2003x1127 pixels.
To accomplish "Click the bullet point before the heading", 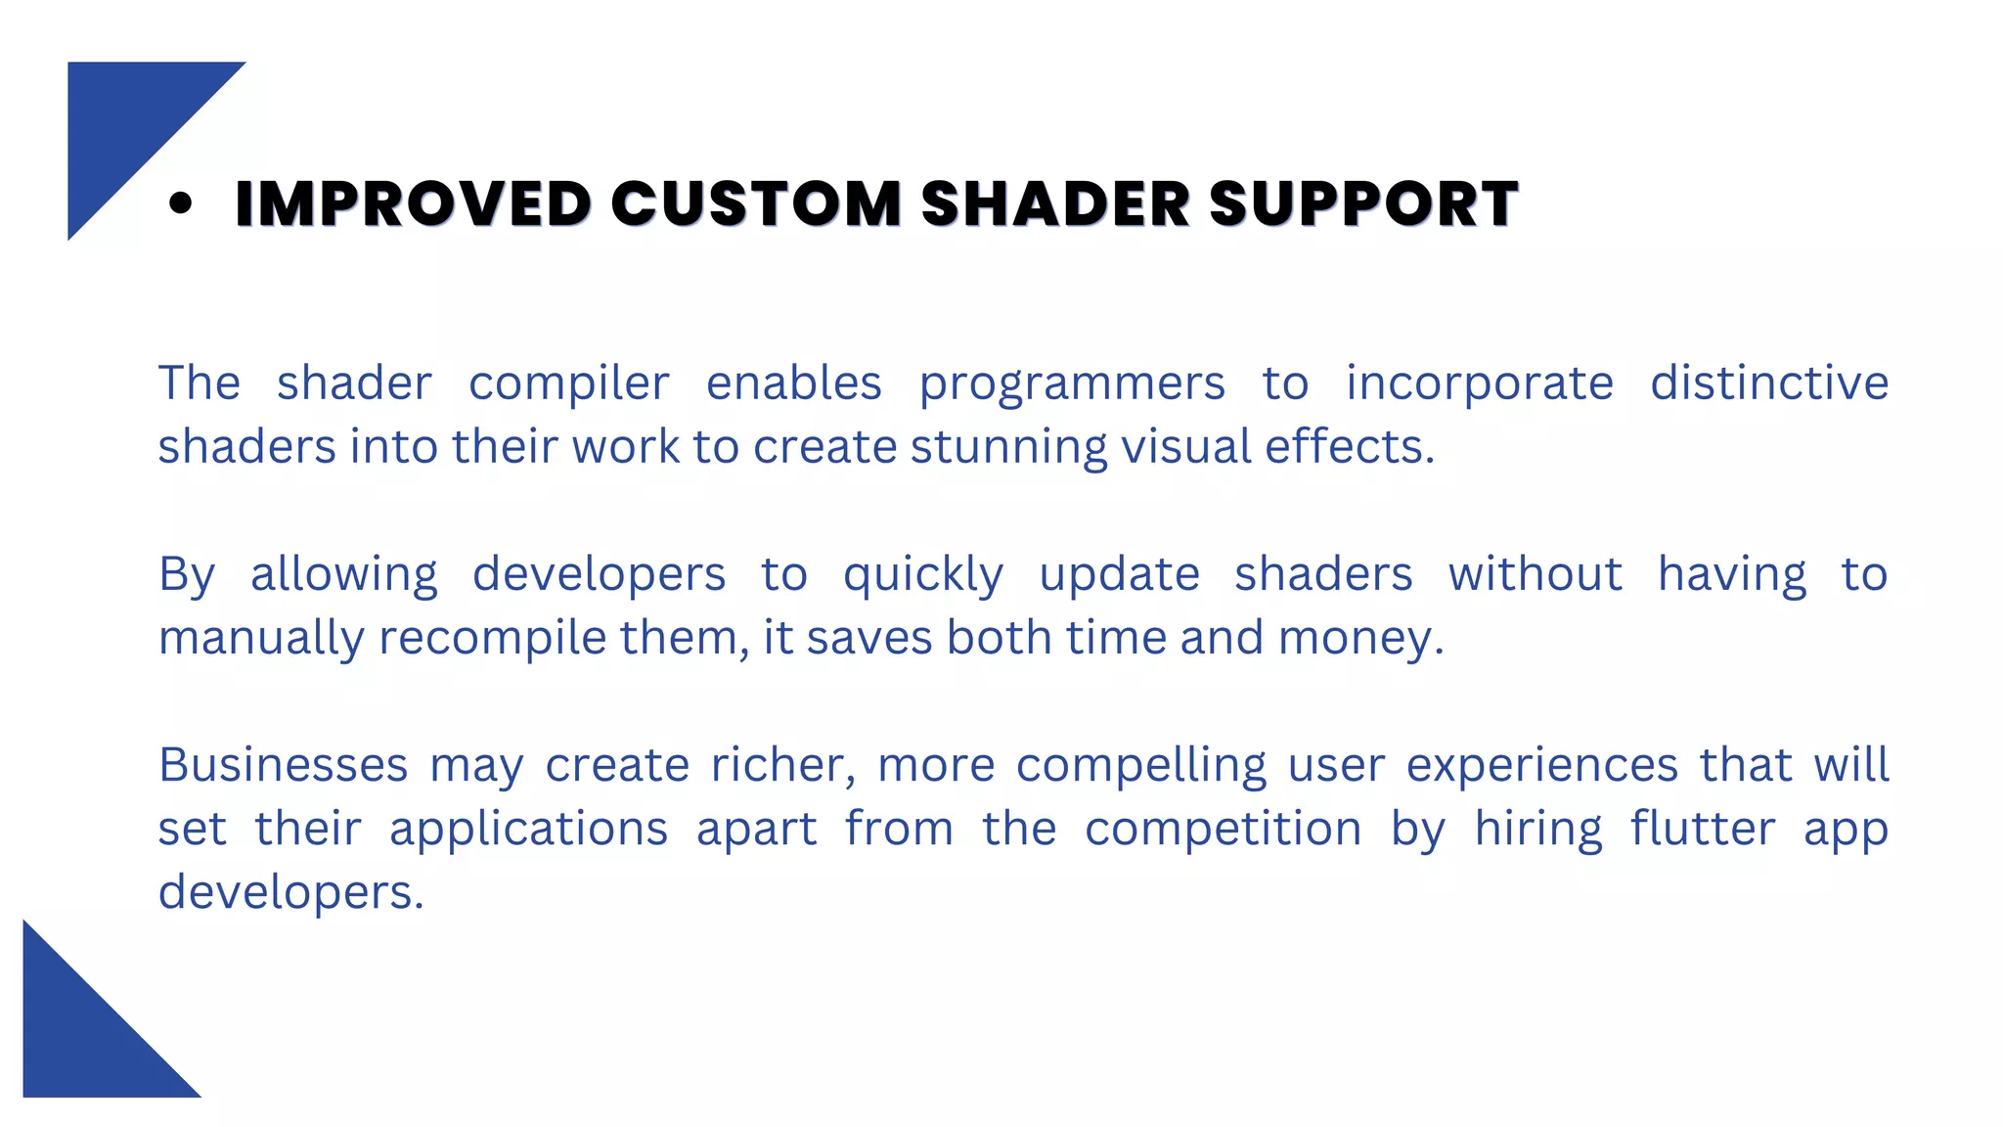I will click(x=180, y=203).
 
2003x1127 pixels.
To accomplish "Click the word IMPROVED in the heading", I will click(x=413, y=203).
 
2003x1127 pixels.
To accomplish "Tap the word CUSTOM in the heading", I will click(x=756, y=203).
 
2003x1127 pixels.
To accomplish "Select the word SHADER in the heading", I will click(x=1055, y=203).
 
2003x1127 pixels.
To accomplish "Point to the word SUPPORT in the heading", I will click(x=1363, y=203).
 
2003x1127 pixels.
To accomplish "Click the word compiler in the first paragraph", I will click(x=569, y=383).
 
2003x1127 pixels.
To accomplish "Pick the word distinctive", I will click(x=1769, y=383).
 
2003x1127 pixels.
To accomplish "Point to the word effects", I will click(x=1349, y=446).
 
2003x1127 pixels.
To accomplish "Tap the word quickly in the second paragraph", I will click(x=923, y=575).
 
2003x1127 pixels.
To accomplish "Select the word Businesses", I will click(x=283, y=765).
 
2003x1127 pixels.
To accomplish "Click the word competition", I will click(x=1224, y=830).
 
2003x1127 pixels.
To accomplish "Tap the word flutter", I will click(x=1702, y=829).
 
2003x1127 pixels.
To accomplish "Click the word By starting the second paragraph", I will click(x=186, y=575).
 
